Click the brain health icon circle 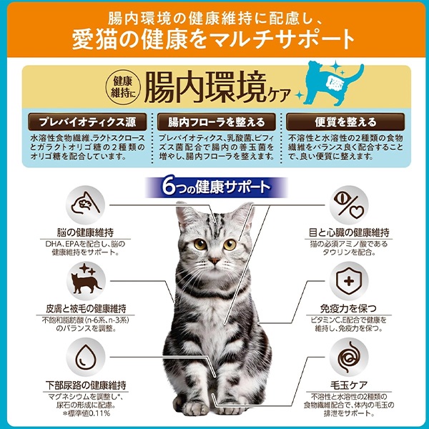85,205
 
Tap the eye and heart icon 348,205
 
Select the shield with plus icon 348,281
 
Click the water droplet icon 85,357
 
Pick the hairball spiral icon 348,357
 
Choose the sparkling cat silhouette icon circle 85,281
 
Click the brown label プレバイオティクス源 87,122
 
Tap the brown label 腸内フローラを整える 216,122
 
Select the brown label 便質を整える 345,122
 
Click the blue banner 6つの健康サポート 216,187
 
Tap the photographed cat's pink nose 214,260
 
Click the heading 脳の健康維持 85,233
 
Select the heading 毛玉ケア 349,385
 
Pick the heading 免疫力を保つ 348,309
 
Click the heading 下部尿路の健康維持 86,385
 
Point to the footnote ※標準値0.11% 86,413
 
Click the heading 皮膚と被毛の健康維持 86,309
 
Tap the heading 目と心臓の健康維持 349,233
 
